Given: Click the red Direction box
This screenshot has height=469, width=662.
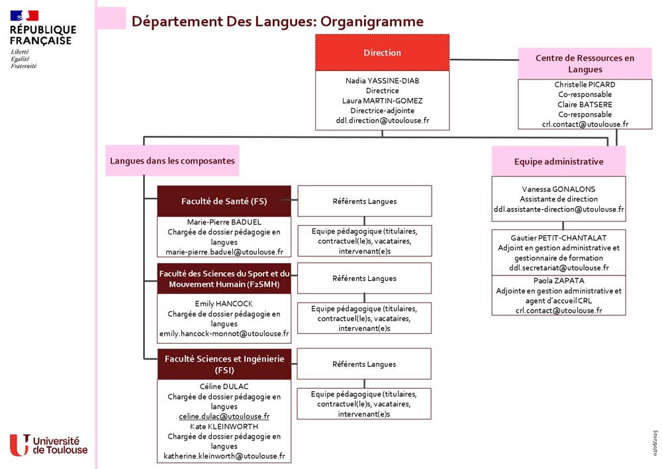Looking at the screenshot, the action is (382, 52).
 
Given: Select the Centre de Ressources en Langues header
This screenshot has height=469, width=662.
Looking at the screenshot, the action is (585, 64).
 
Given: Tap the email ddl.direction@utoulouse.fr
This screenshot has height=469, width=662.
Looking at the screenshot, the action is (382, 121).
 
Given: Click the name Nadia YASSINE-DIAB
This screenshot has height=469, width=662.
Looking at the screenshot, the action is (382, 81).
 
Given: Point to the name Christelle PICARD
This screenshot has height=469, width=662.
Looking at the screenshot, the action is (585, 85).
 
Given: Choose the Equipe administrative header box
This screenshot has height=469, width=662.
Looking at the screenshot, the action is (559, 162).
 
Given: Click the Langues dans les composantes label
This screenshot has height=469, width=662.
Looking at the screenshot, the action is (172, 160).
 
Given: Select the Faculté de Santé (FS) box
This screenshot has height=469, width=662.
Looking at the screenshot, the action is (224, 201).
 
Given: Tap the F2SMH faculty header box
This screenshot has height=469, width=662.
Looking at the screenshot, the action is (224, 278).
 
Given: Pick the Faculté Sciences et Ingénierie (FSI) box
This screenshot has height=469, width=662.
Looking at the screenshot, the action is (224, 364).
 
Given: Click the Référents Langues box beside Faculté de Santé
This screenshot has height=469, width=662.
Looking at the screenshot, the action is (365, 201).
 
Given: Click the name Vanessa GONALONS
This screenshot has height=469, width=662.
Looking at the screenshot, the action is (559, 189).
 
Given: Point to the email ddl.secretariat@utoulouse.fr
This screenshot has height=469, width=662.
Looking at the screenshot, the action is (559, 268).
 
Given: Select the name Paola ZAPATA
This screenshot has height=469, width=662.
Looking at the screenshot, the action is (559, 281).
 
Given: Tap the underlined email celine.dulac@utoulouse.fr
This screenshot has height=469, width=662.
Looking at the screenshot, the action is (224, 416).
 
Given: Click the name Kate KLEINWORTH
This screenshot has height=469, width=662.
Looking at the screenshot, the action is (224, 427).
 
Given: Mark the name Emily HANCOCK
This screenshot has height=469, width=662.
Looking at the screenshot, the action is (224, 303).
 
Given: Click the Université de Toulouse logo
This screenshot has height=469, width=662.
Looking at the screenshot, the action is (48, 445).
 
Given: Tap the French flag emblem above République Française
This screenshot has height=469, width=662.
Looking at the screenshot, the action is (24, 16).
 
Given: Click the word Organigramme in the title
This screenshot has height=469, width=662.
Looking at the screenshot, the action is (372, 22).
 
